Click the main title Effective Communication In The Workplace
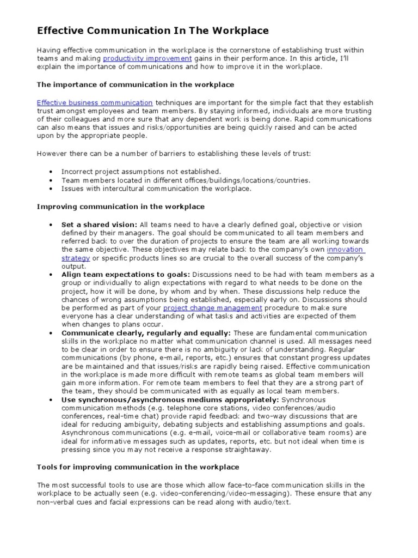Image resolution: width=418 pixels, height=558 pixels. [x=152, y=31]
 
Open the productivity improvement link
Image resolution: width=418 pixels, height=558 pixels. [x=147, y=58]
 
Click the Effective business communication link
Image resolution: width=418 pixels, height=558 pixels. [x=95, y=102]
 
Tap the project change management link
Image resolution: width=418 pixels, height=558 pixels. [x=208, y=308]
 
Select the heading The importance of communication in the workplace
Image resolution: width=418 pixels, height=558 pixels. [x=135, y=84]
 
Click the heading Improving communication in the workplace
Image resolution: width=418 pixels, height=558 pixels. [x=120, y=207]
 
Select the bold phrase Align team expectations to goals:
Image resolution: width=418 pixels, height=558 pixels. [x=126, y=275]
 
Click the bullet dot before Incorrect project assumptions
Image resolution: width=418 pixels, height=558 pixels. [x=51, y=171]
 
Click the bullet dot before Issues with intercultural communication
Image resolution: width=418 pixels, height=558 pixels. [x=51, y=189]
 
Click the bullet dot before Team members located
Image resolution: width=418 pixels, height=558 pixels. [x=51, y=180]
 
